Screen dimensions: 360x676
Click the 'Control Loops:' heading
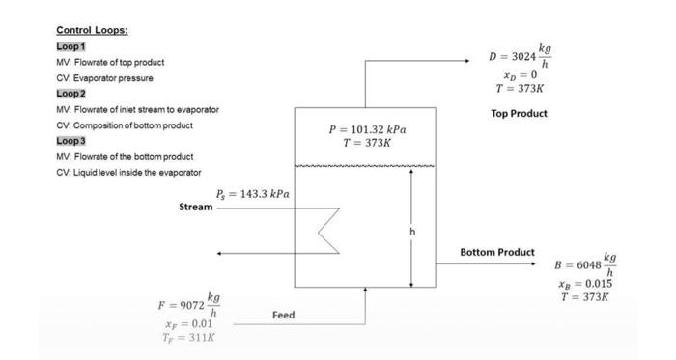[x=92, y=30]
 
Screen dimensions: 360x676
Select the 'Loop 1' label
[x=71, y=46]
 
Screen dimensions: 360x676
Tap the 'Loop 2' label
[x=72, y=94]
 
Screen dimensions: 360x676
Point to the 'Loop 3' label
[x=72, y=141]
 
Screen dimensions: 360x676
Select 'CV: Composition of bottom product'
[x=125, y=125]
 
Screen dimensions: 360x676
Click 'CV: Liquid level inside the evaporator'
[x=128, y=172]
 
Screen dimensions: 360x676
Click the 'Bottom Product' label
[x=496, y=253]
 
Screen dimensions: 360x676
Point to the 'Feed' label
[x=283, y=315]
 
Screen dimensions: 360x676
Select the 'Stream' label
[x=196, y=207]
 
